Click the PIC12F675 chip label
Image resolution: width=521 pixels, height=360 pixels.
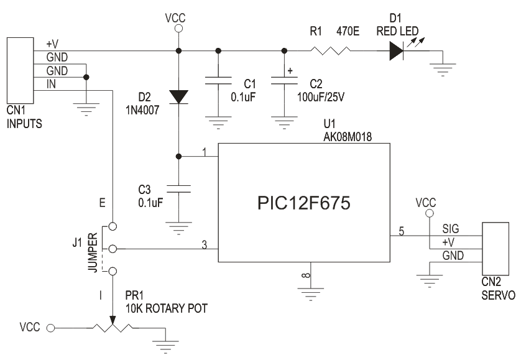point(303,203)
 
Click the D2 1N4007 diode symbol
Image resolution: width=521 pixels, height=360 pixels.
point(178,96)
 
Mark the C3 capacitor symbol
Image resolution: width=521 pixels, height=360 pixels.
point(178,188)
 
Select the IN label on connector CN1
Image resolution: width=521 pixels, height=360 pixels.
point(51,84)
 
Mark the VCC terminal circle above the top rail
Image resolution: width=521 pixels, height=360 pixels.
point(178,29)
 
